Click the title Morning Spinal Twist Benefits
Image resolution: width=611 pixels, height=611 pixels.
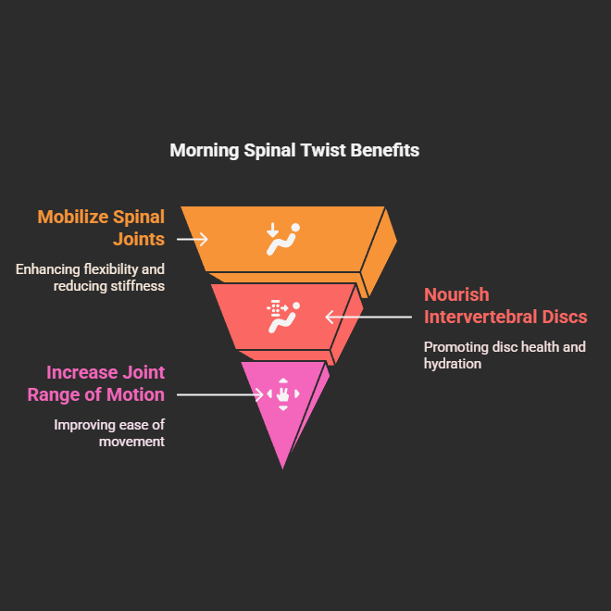[x=294, y=150]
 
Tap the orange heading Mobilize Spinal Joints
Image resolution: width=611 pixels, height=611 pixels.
[x=101, y=228]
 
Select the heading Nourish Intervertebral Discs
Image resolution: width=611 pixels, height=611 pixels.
[x=505, y=305]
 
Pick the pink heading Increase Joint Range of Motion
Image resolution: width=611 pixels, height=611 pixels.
[x=106, y=383]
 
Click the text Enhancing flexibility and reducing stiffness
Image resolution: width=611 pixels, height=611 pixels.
[x=90, y=277]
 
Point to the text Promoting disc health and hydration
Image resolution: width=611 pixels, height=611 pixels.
[x=505, y=355]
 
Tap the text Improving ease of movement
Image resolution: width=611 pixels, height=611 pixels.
[x=109, y=433]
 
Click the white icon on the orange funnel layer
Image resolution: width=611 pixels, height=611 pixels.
[x=282, y=238]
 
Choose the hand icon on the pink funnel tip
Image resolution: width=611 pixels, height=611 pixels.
[x=282, y=394]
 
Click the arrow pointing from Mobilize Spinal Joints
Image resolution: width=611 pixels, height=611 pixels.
[x=193, y=239]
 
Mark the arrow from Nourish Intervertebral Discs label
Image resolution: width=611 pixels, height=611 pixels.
[x=368, y=317]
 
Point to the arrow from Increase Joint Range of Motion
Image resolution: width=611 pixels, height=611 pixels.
[x=220, y=394]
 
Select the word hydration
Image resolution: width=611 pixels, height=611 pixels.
[x=453, y=364]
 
